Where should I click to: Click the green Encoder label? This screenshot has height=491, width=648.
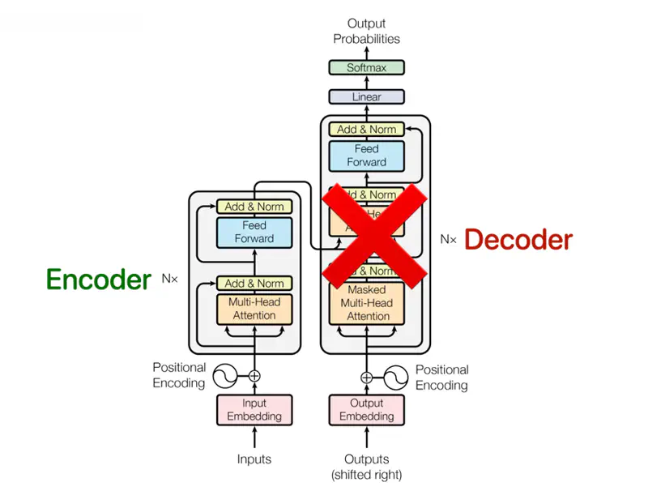[98, 280]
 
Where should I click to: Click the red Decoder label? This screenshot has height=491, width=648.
[518, 239]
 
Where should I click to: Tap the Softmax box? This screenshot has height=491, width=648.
[367, 68]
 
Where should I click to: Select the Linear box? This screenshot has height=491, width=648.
[367, 97]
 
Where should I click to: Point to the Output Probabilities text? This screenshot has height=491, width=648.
[367, 31]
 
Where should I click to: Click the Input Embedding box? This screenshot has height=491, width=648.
[254, 410]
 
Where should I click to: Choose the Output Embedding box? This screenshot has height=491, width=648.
[367, 410]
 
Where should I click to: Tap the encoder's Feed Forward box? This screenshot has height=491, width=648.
[254, 233]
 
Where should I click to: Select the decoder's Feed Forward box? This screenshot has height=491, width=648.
[367, 156]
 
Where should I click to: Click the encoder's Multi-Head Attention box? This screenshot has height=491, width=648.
[254, 309]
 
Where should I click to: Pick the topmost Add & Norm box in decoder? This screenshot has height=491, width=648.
[367, 129]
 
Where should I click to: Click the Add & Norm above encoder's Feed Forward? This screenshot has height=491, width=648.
[254, 207]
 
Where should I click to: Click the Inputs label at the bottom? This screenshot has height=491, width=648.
[254, 459]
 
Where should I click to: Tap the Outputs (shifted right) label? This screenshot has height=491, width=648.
[367, 467]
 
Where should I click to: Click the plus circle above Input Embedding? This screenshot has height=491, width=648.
[254, 376]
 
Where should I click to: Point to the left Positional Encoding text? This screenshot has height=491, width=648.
[179, 375]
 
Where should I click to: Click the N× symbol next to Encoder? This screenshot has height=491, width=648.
[169, 279]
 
